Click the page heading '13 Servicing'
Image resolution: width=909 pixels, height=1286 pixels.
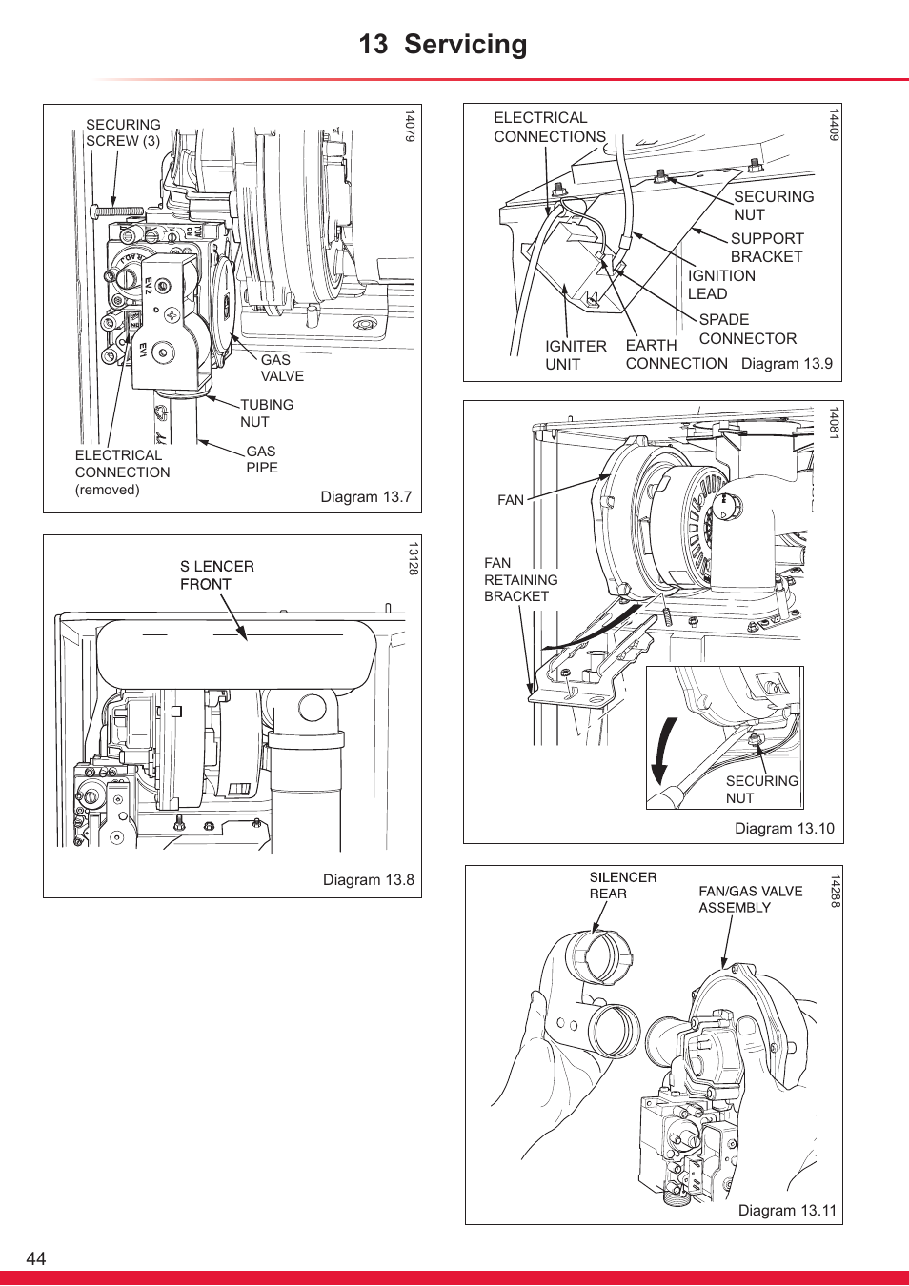click(443, 45)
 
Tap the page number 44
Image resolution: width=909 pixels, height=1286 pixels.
click(35, 1258)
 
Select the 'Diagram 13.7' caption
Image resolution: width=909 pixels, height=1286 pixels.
click(366, 496)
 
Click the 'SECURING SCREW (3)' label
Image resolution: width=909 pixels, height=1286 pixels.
click(123, 132)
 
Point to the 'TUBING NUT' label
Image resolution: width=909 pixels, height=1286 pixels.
click(266, 412)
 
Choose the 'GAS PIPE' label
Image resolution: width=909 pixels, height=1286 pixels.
click(261, 459)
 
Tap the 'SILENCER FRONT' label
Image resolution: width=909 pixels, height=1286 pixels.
click(216, 575)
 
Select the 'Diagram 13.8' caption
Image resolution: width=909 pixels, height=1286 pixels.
click(368, 879)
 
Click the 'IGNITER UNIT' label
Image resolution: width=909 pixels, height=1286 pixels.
click(576, 355)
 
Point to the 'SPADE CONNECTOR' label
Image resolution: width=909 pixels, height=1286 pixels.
click(747, 329)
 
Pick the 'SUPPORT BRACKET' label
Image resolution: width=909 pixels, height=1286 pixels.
click(767, 248)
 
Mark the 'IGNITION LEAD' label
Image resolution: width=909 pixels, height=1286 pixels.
click(721, 285)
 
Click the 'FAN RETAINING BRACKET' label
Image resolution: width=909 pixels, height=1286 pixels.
click(520, 579)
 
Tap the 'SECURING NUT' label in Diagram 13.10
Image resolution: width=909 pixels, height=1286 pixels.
click(761, 789)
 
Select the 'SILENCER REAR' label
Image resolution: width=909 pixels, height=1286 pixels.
click(622, 885)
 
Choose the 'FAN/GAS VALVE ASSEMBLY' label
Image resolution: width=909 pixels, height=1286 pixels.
click(750, 899)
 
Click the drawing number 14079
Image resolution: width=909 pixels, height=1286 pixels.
click(410, 126)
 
